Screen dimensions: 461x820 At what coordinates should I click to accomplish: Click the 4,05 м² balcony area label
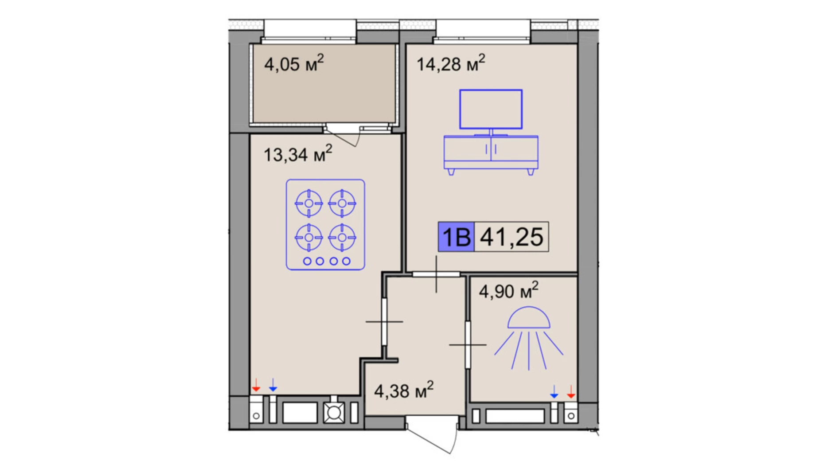point(293,64)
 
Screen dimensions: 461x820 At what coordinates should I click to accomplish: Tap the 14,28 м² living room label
point(450,64)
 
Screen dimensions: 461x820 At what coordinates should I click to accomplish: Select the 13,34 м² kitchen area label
point(297,154)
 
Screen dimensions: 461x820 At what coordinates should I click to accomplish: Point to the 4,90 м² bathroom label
point(508,291)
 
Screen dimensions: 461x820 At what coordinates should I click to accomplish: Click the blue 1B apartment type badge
point(456,237)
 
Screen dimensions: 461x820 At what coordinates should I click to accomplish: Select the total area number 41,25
point(512,237)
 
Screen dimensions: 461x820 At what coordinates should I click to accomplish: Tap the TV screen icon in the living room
point(491,109)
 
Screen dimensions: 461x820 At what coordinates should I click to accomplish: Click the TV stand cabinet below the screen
point(491,152)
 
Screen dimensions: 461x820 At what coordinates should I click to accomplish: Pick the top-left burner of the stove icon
point(309,203)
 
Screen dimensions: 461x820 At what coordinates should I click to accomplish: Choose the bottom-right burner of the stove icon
point(342,238)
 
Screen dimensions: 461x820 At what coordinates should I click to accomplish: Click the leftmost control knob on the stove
point(307,261)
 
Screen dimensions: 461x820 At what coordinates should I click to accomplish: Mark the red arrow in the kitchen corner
point(256,386)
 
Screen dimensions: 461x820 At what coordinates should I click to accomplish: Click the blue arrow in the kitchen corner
point(273,386)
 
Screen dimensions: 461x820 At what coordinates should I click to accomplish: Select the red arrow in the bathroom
point(571,392)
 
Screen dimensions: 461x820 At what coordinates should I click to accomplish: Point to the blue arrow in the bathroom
point(554,392)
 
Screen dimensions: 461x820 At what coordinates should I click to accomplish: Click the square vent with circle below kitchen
point(334,413)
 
